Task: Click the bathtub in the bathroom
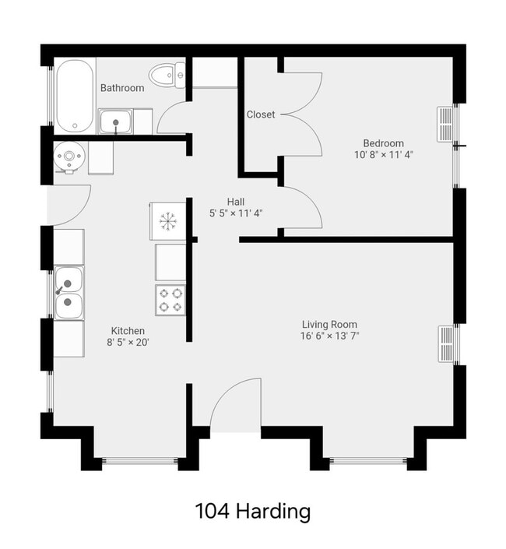(x=74, y=95)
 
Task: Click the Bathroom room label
(x=122, y=88)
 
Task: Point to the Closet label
(x=261, y=114)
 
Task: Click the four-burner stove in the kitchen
(x=170, y=300)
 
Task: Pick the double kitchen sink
(x=69, y=291)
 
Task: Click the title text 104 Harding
(x=252, y=512)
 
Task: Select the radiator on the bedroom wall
(x=445, y=125)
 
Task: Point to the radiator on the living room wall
(x=446, y=343)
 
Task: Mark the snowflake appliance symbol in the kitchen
(x=167, y=220)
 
